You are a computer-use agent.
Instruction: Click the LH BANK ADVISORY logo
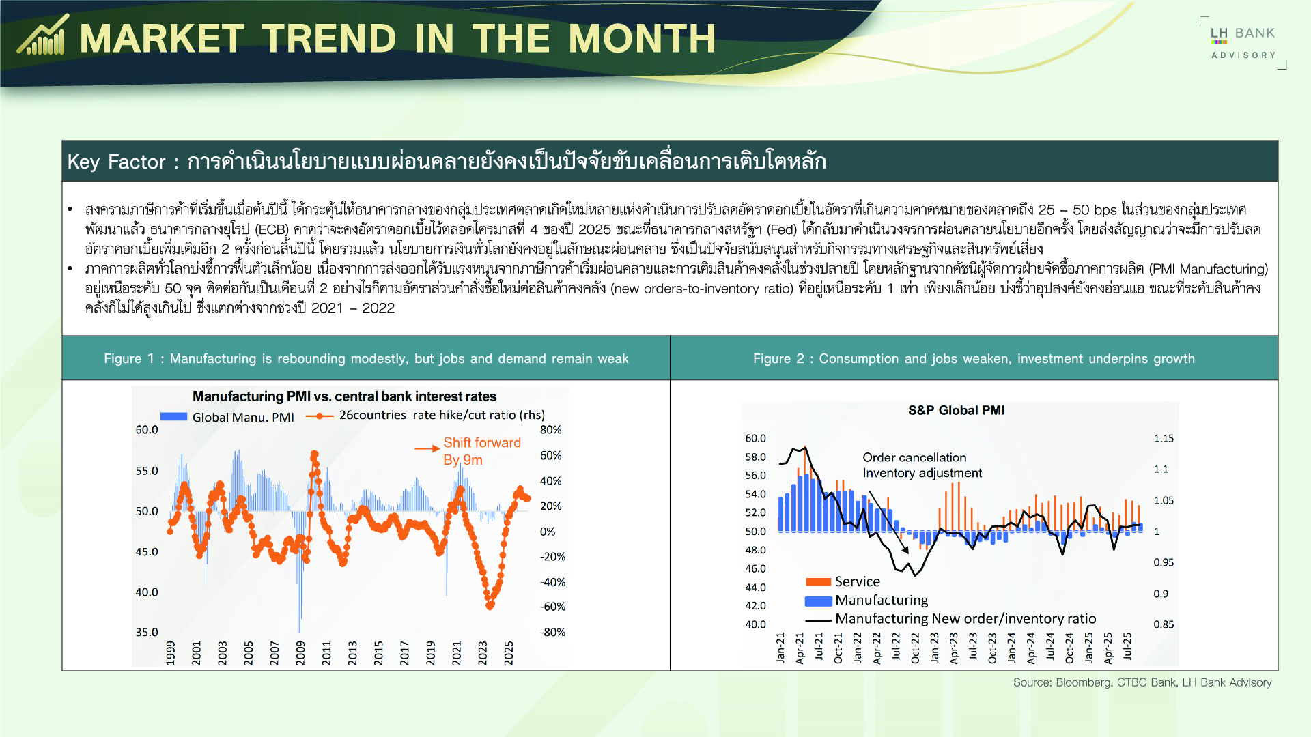1243,42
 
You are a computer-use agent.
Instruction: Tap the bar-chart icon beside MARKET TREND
43,35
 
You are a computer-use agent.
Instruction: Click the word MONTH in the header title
642,38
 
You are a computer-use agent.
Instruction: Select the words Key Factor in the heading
116,162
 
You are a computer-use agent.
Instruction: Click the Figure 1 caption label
365,358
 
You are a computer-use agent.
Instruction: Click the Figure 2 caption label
974,358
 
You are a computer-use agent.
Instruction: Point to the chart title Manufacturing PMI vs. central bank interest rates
344,396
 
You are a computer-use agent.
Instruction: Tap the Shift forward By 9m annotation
481,450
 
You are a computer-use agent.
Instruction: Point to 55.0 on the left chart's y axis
146,471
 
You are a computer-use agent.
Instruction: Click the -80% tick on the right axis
552,633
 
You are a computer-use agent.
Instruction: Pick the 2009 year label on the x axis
300,652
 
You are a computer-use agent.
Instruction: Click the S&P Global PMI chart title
956,410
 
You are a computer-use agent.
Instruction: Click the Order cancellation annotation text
914,457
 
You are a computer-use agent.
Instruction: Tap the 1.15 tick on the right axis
1163,438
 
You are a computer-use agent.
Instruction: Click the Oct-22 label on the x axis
915,648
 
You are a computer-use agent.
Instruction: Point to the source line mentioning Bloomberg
1142,682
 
